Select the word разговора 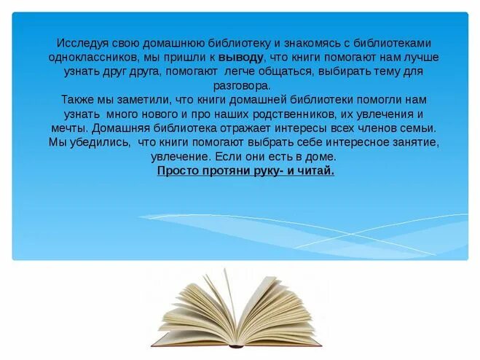click(241, 85)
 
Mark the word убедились click(102, 142)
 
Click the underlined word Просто click(178, 171)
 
